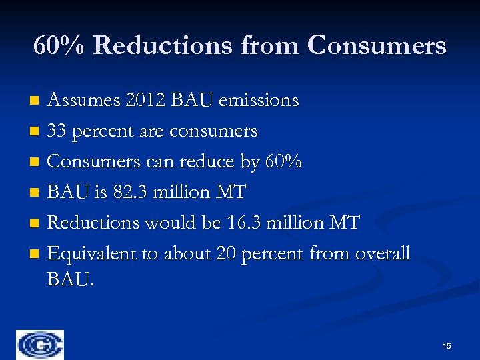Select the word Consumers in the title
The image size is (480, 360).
point(377,45)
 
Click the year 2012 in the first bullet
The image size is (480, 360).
point(143,101)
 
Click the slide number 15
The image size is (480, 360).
point(447,345)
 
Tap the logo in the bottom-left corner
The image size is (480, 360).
point(41,345)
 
